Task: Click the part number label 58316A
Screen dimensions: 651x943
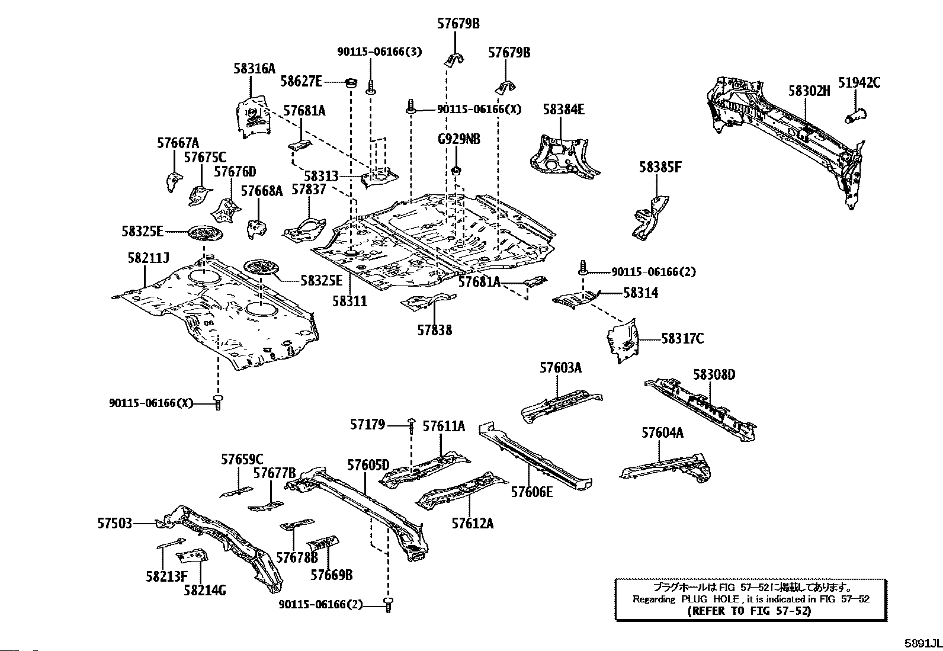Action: tap(254, 69)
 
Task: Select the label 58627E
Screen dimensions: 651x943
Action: tap(301, 81)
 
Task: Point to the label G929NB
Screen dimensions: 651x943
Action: tap(458, 140)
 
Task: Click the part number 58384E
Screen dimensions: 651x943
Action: tap(563, 110)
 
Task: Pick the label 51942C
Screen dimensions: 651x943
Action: tap(859, 83)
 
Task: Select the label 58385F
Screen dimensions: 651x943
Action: tap(660, 168)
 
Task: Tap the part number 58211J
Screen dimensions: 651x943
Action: tap(148, 258)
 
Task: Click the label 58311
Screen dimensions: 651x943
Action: tap(349, 301)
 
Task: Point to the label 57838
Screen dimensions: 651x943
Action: tap(434, 331)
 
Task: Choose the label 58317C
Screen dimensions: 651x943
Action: tap(682, 339)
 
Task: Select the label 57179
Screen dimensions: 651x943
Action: tap(367, 424)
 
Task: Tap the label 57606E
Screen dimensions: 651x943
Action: tap(532, 491)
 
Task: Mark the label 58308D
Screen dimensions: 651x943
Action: tap(714, 375)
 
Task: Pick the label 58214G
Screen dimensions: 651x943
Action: tap(204, 590)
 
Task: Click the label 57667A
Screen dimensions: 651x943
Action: tap(178, 143)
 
